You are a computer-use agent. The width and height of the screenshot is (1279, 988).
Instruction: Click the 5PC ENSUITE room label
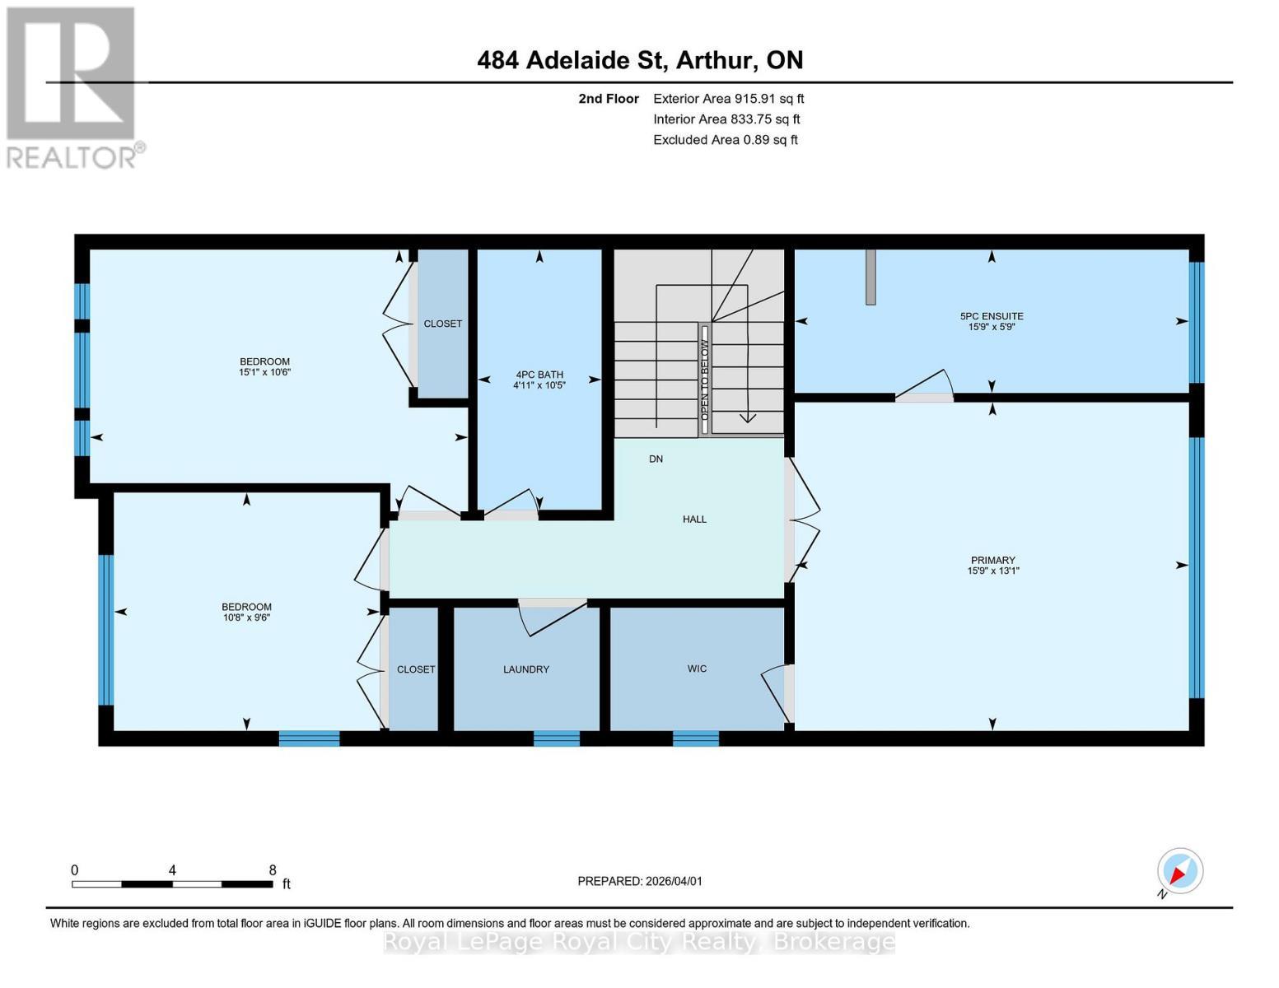[992, 316]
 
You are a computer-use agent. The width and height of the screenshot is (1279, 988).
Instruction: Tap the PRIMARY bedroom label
[992, 560]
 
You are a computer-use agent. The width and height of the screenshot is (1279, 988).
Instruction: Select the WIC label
[697, 669]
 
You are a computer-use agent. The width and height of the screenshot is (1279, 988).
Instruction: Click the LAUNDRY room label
[526, 669]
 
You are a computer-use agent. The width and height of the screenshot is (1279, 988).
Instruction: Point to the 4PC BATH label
[539, 375]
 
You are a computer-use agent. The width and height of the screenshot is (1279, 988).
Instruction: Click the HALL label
[694, 520]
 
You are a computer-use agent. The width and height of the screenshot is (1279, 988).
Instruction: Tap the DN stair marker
[656, 459]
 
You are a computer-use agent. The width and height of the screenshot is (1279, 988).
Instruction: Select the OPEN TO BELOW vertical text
[705, 380]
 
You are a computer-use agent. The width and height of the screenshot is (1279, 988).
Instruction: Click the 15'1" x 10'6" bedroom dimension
[264, 372]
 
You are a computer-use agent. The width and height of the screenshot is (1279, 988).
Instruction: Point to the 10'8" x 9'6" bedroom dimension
[246, 617]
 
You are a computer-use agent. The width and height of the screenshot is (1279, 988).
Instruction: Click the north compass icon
[1179, 871]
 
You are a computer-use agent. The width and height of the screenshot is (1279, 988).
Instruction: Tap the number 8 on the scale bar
[273, 870]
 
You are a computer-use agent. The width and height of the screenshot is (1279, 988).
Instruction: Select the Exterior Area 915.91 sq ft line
[728, 99]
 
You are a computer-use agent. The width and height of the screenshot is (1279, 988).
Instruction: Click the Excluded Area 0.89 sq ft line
[725, 140]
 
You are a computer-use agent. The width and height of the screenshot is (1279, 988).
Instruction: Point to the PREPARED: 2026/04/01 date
[640, 881]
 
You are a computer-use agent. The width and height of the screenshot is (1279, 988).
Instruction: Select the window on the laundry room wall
[557, 738]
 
